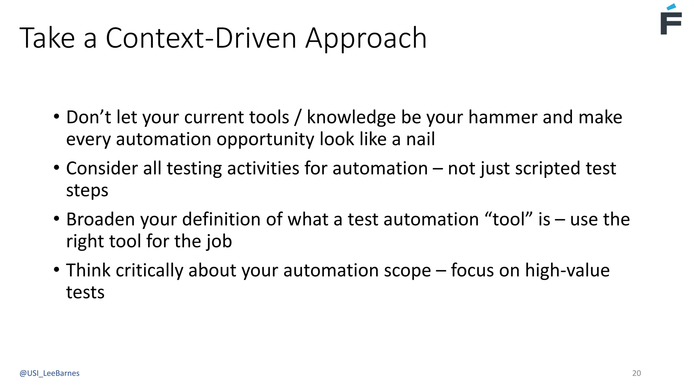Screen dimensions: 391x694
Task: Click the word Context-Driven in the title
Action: point(201,38)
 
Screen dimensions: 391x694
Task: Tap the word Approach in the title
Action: point(366,38)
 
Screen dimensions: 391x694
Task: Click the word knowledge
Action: point(351,117)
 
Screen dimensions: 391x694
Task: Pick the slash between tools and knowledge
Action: point(298,117)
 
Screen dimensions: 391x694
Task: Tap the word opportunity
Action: point(265,139)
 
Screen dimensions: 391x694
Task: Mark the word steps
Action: point(87,190)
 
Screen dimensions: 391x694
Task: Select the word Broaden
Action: point(101,219)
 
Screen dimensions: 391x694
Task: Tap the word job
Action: point(219,241)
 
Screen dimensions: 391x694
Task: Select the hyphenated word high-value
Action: point(567,271)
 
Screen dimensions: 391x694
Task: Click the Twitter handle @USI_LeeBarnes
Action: point(49,373)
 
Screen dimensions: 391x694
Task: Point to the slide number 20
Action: point(636,373)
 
